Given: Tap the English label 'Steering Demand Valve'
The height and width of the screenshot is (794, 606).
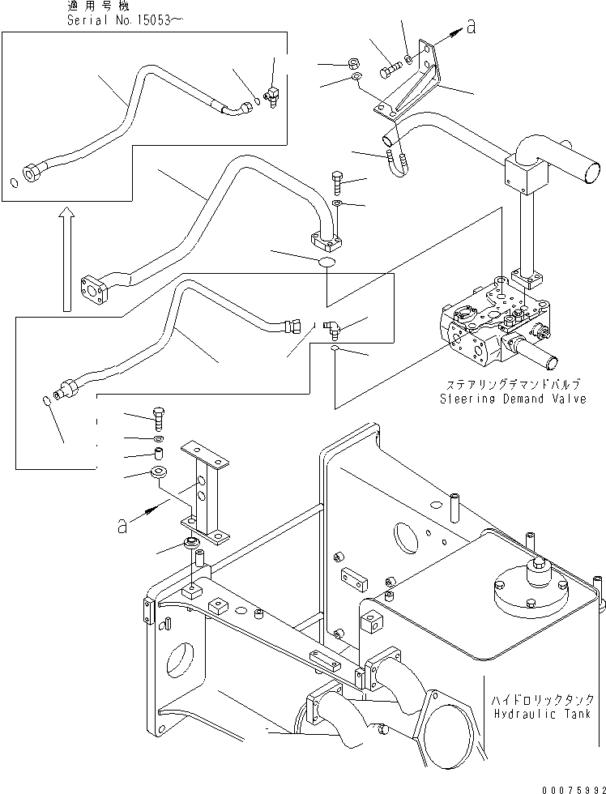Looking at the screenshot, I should (x=512, y=399).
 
